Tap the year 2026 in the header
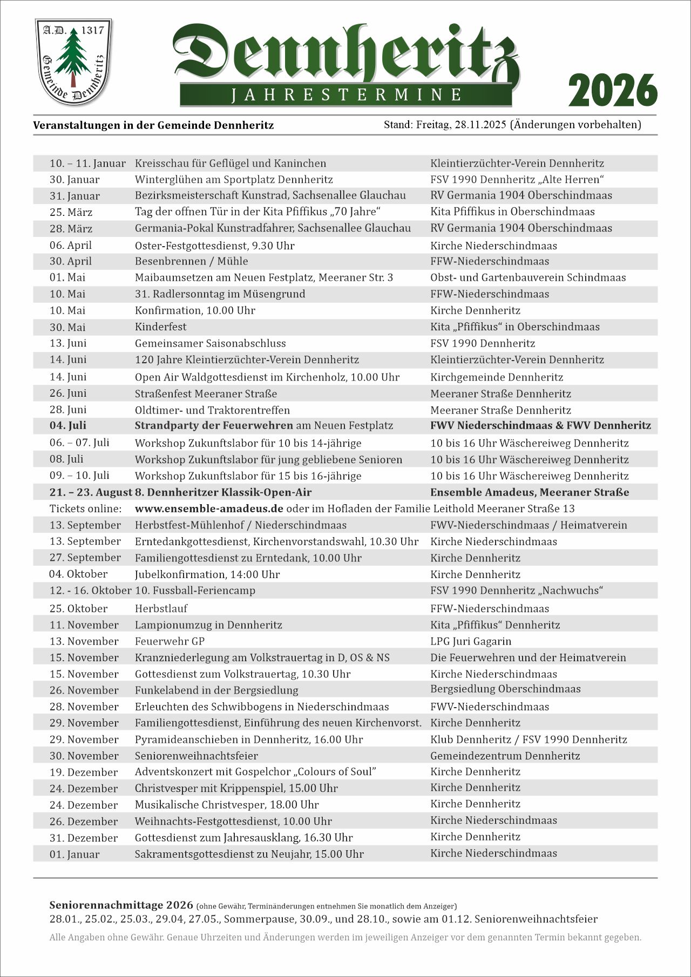pyautogui.click(x=613, y=90)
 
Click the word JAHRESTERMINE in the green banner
pyautogui.click(x=347, y=95)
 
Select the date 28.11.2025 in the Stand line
pyautogui.click(x=480, y=125)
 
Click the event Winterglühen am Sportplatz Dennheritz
pyautogui.click(x=234, y=179)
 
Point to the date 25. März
pyautogui.click(x=71, y=212)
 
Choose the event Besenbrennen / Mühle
pyautogui.click(x=192, y=261)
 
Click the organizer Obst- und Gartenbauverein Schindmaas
pyautogui.click(x=528, y=277)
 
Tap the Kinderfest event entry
pyautogui.click(x=161, y=327)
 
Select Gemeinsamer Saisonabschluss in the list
pyautogui.click(x=211, y=343)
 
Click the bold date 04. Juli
pyautogui.click(x=68, y=425)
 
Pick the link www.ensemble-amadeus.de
pyautogui.click(x=209, y=508)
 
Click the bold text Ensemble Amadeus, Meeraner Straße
pyautogui.click(x=530, y=492)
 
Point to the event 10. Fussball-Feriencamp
pyautogui.click(x=195, y=591)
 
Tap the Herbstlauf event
pyautogui.click(x=161, y=608)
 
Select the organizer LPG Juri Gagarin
pyautogui.click(x=471, y=641)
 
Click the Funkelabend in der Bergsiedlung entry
pyautogui.click(x=216, y=690)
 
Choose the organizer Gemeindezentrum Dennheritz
pyautogui.click(x=505, y=756)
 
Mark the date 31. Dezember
pyautogui.click(x=84, y=838)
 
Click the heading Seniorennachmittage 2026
pyautogui.click(x=121, y=905)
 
